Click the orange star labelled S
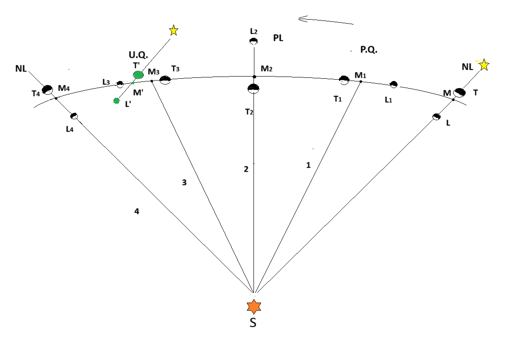click(253, 307)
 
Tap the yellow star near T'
click(173, 31)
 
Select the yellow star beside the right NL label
click(484, 65)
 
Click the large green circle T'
click(138, 75)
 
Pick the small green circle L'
click(117, 101)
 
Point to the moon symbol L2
click(253, 41)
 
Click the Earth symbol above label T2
click(253, 89)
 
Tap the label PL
click(278, 38)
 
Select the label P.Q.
click(369, 50)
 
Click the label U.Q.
click(138, 55)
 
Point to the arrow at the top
click(326, 20)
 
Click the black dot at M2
click(254, 77)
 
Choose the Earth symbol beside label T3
click(165, 80)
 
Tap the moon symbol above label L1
click(394, 84)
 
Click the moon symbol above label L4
click(74, 116)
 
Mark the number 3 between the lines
click(184, 182)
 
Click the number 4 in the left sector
click(137, 212)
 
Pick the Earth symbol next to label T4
click(48, 89)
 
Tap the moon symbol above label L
click(436, 117)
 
